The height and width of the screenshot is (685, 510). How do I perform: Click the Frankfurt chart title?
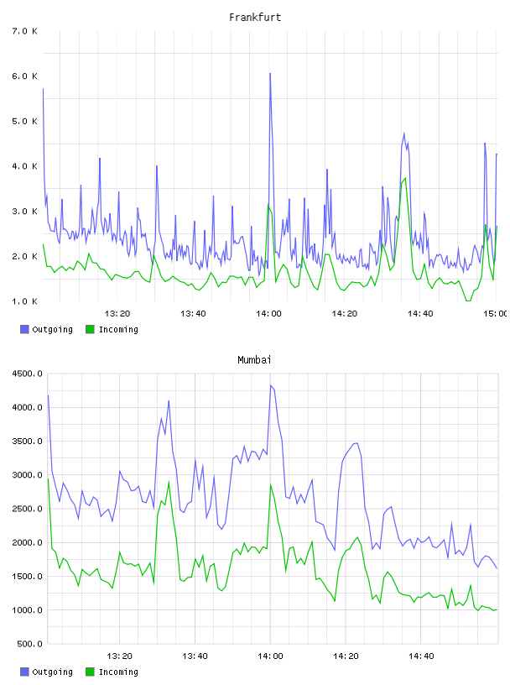(255, 18)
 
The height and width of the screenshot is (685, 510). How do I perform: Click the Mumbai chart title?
(254, 360)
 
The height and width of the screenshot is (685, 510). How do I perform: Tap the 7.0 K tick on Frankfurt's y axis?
(24, 31)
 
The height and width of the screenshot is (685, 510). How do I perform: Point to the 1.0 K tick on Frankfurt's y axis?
(24, 301)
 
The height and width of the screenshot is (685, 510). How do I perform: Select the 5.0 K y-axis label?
(24, 121)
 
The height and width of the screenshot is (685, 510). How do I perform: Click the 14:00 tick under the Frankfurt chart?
(268, 313)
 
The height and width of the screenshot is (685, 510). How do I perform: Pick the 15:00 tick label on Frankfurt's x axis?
(496, 313)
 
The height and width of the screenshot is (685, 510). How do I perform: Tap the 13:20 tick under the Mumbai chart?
(119, 656)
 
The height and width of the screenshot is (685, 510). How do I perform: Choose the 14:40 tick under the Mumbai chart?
(421, 656)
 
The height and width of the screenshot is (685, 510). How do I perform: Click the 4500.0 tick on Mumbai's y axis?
(27, 374)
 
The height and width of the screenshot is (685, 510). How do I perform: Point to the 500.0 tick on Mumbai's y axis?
(29, 644)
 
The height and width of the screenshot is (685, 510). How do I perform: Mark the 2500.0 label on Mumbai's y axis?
(27, 509)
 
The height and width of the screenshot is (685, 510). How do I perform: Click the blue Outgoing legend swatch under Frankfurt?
(24, 329)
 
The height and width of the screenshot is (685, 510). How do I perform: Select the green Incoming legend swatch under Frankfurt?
(90, 329)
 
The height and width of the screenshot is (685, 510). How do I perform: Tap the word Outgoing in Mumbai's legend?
(52, 672)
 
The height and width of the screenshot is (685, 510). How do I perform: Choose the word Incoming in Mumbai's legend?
(118, 672)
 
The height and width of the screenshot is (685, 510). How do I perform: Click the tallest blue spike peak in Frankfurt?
(270, 73)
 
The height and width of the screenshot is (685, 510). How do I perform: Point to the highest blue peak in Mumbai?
(271, 385)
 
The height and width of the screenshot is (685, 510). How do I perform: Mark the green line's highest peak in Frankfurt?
(405, 178)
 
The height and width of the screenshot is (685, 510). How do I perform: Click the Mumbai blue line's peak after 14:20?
(356, 443)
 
